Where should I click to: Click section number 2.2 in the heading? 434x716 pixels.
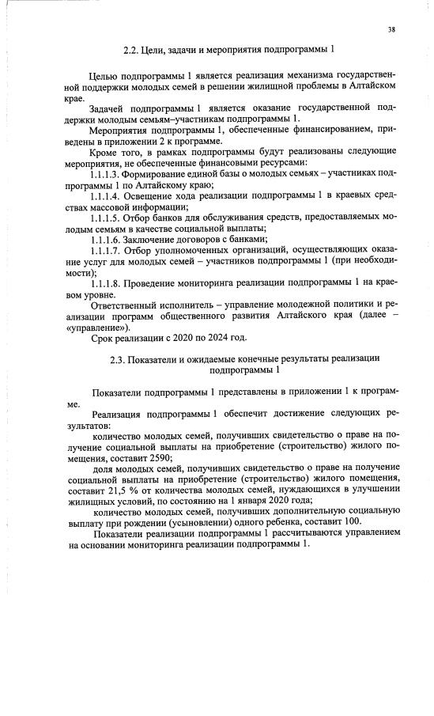[131, 49]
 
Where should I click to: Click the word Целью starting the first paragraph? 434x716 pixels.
[106, 74]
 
